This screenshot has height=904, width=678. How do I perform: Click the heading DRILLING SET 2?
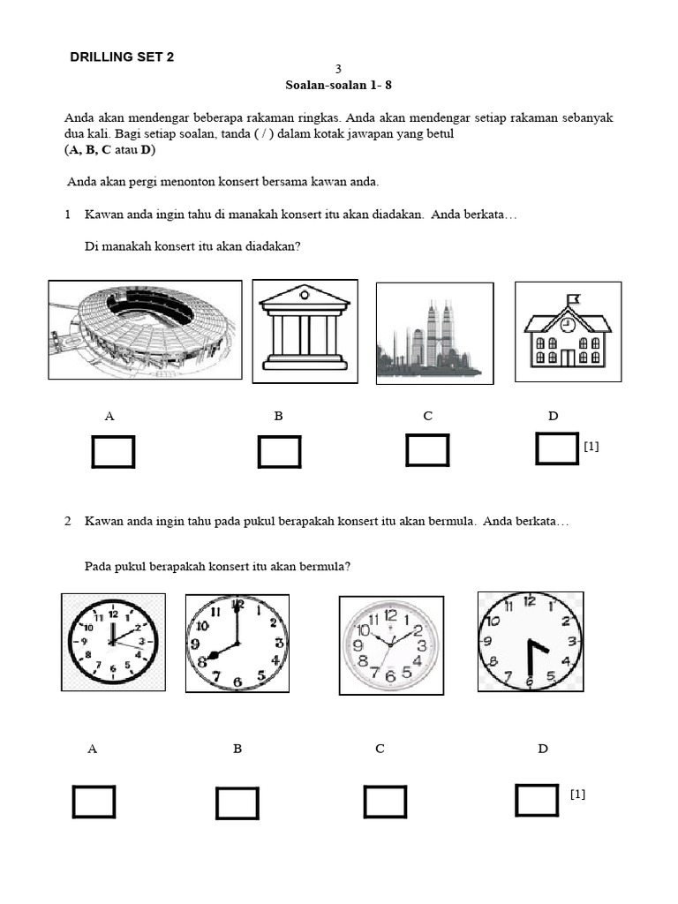(122, 57)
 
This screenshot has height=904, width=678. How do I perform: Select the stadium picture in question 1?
(145, 328)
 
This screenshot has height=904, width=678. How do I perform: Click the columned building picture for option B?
(305, 331)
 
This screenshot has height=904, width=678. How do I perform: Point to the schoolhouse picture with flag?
(568, 332)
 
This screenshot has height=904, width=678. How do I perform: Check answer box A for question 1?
(113, 452)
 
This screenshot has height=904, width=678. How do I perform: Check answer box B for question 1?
(279, 452)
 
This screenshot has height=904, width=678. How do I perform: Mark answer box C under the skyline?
(427, 450)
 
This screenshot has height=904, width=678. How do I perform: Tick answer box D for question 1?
(557, 448)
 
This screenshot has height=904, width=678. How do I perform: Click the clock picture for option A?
(112, 642)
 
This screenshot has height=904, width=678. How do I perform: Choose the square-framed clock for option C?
(391, 645)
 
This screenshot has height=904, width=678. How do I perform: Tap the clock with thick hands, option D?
(530, 642)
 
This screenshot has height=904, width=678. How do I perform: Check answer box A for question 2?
(94, 802)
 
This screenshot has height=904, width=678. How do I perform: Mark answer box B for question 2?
(237, 803)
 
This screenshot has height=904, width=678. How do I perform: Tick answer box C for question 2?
(385, 802)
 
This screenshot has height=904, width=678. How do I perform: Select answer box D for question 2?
(537, 800)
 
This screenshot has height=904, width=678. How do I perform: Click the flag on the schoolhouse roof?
(575, 298)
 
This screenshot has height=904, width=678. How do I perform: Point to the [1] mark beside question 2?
(577, 795)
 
